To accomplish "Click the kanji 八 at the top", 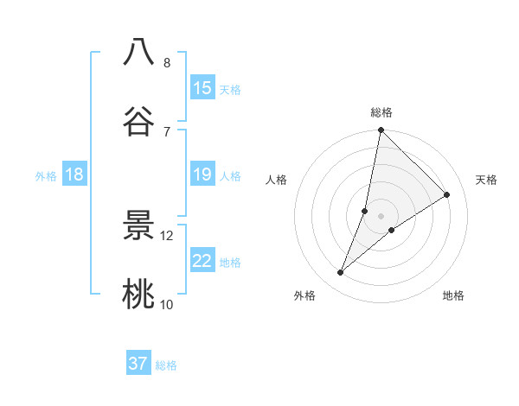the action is tap(138, 52).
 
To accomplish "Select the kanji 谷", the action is tap(138, 121).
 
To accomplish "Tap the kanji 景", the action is tap(138, 226).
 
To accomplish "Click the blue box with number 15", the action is tap(202, 88).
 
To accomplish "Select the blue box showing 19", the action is tap(202, 174).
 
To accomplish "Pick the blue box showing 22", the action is tap(202, 261).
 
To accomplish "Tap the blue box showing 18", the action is tap(74, 174).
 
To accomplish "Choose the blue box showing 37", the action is tap(138, 364).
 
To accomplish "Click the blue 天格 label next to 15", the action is tap(230, 89).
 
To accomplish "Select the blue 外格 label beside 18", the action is tap(46, 175).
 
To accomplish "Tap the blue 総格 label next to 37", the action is tap(166, 365).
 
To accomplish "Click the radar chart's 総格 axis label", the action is tap(381, 112).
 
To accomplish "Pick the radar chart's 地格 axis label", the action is tap(453, 295).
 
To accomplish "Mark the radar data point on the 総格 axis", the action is tap(381, 130).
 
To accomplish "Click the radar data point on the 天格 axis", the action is tap(447, 194).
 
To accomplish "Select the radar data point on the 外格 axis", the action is tap(341, 273).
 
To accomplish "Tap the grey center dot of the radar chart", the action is tap(381, 216).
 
